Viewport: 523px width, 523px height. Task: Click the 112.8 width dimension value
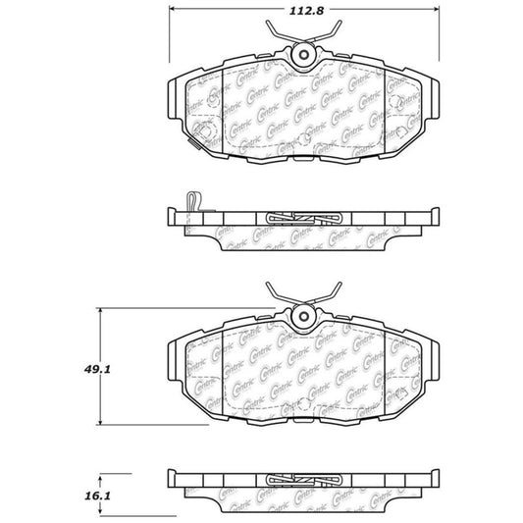click(301, 13)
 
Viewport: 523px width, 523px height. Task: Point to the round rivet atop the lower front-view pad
click(302, 316)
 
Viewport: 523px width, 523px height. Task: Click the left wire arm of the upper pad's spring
click(281, 38)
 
